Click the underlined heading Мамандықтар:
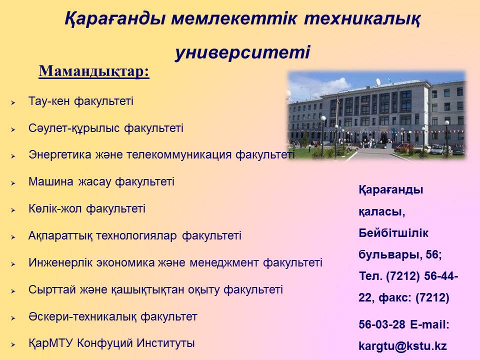click(94, 71)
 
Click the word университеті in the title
click(243, 52)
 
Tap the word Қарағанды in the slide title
click(115, 19)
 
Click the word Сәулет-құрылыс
click(74, 128)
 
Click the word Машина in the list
click(51, 181)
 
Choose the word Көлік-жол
click(55, 208)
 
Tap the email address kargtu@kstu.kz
click(402, 346)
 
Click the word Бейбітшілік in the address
click(393, 233)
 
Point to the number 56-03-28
click(382, 324)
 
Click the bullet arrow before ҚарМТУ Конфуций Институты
click(13, 345)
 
